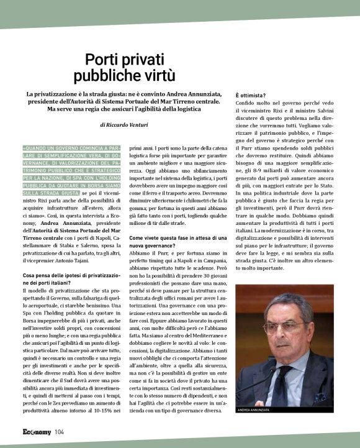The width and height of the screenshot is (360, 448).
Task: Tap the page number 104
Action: point(59,432)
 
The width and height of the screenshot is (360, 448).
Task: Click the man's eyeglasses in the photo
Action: point(283,327)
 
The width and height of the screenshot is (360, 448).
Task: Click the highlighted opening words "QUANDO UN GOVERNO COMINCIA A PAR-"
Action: point(68,148)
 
